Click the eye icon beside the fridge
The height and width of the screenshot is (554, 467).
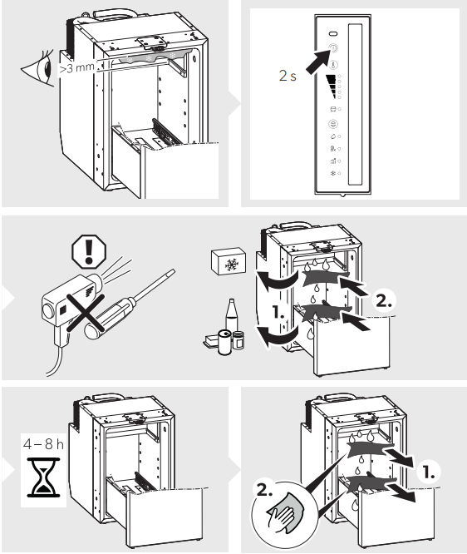[x=38, y=69]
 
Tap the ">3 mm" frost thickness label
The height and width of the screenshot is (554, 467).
[x=77, y=67]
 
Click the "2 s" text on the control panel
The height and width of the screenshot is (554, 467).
[x=288, y=76]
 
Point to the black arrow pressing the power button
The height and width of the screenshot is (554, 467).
[x=317, y=61]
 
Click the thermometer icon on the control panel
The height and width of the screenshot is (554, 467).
[x=333, y=65]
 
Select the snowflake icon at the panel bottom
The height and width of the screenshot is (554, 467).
[x=332, y=173]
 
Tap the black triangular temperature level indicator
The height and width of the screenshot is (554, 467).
[x=332, y=87]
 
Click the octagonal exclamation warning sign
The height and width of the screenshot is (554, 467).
[x=89, y=251]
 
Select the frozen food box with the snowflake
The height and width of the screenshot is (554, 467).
[x=229, y=260]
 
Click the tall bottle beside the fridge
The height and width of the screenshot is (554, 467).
[x=231, y=316]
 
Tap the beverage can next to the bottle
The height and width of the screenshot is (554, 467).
[x=224, y=342]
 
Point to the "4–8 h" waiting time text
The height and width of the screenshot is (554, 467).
[x=43, y=443]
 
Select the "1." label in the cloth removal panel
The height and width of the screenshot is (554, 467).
[x=429, y=472]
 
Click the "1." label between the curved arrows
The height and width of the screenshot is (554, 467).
[x=278, y=313]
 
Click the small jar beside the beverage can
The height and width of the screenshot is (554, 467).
[x=238, y=340]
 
